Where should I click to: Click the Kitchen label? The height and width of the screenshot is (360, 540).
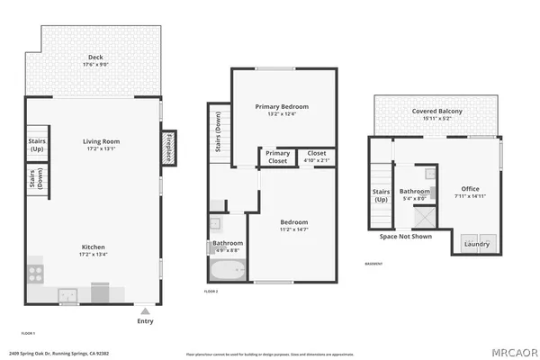[94, 247]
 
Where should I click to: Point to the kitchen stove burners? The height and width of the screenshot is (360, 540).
[37, 269]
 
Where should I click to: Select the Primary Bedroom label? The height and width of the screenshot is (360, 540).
[282, 105]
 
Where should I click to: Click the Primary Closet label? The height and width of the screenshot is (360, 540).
[277, 157]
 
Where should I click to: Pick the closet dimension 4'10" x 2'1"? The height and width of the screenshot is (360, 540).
[316, 160]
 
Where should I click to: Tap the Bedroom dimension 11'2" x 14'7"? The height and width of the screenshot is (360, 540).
[293, 230]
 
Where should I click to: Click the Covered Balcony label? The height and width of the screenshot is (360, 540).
[437, 112]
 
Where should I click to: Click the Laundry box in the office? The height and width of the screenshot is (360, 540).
[476, 243]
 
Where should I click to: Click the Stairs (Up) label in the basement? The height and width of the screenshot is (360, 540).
[380, 196]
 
